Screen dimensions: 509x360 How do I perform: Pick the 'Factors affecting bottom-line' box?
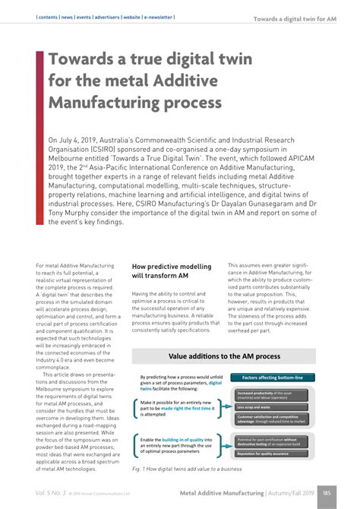pos(271,378)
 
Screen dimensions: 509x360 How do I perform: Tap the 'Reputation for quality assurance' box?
pos(272,454)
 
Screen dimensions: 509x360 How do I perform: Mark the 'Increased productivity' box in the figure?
pos(270,394)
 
